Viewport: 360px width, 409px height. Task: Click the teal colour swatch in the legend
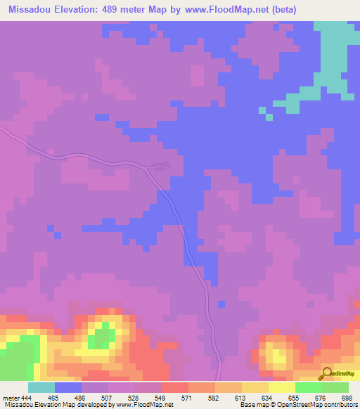[x=41, y=387]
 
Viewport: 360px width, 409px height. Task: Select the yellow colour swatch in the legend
[x=281, y=387]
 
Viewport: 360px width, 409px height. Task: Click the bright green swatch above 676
[x=308, y=387]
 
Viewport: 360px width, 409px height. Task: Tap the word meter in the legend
[x=11, y=398]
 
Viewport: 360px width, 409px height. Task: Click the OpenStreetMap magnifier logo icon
[x=326, y=373]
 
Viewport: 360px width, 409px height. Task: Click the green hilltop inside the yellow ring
[x=103, y=335]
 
